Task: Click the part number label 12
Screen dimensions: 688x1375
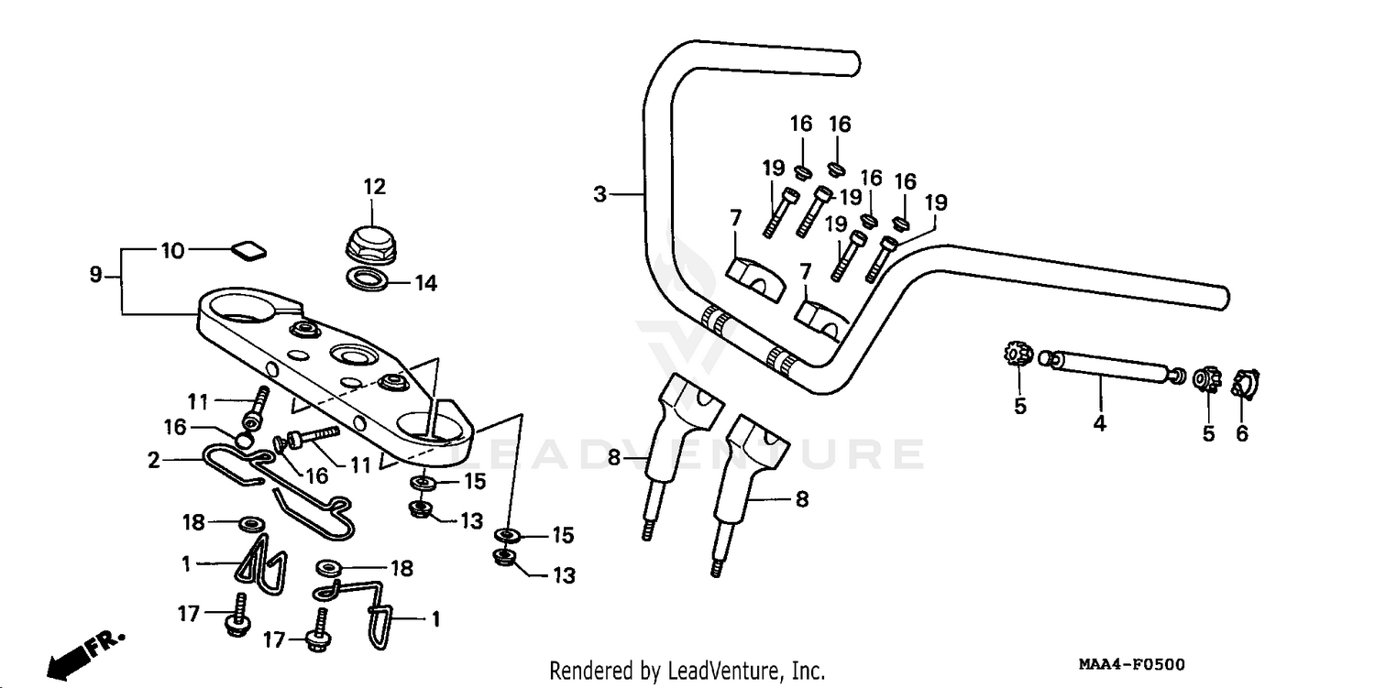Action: pyautogui.click(x=374, y=187)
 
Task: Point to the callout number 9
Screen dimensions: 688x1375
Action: pyautogui.click(x=95, y=275)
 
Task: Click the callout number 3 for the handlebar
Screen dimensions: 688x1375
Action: pyautogui.click(x=599, y=194)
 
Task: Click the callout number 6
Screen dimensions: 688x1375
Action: pyautogui.click(x=1242, y=433)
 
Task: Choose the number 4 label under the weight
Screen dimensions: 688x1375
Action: pyautogui.click(x=1100, y=423)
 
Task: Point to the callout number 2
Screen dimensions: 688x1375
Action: pyautogui.click(x=153, y=460)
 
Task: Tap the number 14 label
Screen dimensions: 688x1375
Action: pyautogui.click(x=425, y=283)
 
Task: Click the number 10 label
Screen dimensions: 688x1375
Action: pyautogui.click(x=173, y=250)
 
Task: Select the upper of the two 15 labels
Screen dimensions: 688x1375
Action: pyautogui.click(x=474, y=481)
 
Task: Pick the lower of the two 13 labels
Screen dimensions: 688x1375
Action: pyautogui.click(x=564, y=575)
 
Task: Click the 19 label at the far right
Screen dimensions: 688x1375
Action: pyautogui.click(x=936, y=202)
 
